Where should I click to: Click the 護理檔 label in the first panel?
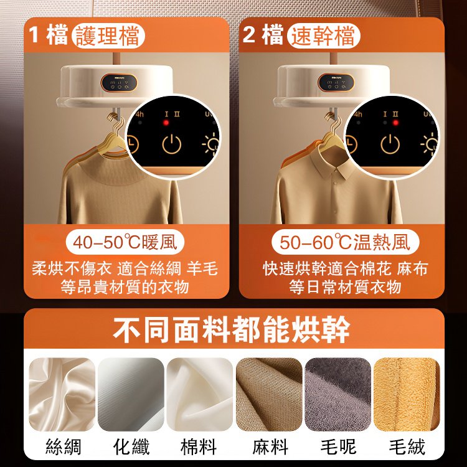point(108,35)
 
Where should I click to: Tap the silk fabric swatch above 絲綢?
point(62,394)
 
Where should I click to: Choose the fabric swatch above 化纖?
point(131,394)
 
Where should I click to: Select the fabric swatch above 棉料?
point(199,394)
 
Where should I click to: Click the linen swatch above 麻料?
point(269,394)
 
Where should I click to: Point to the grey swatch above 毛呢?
point(337,394)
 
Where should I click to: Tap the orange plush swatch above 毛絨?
point(407,394)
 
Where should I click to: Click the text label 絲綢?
point(62,446)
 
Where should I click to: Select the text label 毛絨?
point(407,446)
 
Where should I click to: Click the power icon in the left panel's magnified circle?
point(172,144)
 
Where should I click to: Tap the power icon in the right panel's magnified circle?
point(390,144)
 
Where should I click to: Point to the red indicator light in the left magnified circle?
point(166,123)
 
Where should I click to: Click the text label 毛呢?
point(337,446)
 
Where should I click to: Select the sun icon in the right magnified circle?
point(428,144)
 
